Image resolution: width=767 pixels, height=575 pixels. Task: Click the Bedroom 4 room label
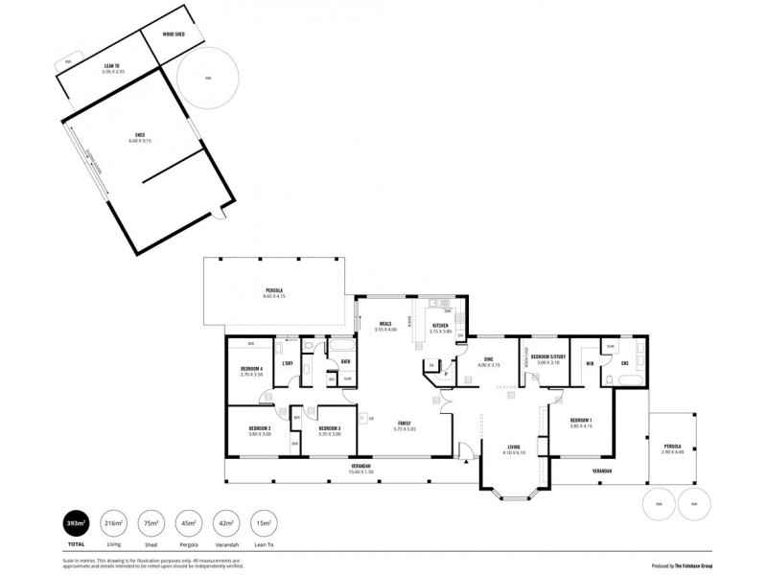251,368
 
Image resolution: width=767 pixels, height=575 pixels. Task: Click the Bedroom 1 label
581,421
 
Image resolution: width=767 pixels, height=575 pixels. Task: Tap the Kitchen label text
440,327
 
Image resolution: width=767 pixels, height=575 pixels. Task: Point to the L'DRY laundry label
287,363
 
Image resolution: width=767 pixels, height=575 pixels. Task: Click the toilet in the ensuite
610,380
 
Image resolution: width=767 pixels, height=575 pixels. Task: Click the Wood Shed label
174,33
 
